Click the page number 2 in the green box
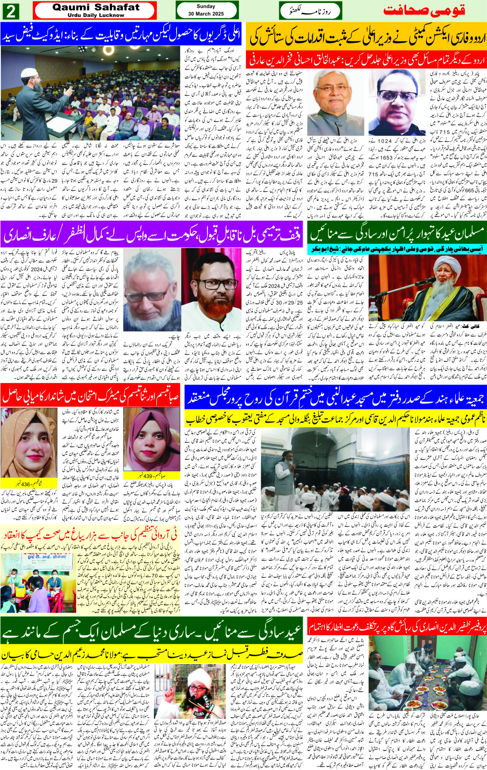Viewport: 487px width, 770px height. click(10, 11)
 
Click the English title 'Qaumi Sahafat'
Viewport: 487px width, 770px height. click(96, 7)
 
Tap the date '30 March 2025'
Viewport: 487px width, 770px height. click(206, 14)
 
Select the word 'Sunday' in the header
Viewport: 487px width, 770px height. click(206, 6)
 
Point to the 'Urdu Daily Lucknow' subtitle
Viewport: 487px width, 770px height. click(96, 15)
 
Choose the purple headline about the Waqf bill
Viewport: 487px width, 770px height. click(152, 234)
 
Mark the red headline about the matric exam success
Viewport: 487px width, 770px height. click(91, 396)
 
